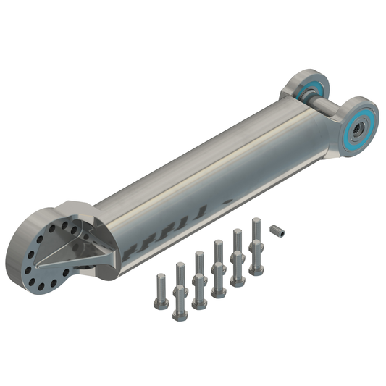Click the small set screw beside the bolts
click(277, 232)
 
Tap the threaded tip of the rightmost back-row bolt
click(256, 221)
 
